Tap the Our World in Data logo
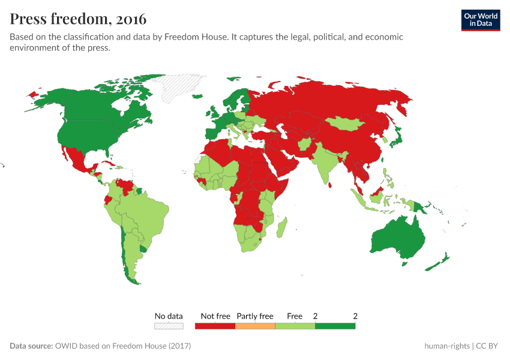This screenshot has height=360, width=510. (x=480, y=20)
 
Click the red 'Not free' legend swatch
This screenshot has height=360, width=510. (x=215, y=326)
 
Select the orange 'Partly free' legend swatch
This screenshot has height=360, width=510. (x=255, y=326)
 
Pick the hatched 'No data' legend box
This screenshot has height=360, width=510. (x=169, y=326)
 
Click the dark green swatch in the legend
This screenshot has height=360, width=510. (x=335, y=326)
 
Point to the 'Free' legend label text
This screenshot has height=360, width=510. (x=295, y=316)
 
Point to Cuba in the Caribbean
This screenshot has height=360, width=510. (x=108, y=164)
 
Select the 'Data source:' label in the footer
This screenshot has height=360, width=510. (x=31, y=346)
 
